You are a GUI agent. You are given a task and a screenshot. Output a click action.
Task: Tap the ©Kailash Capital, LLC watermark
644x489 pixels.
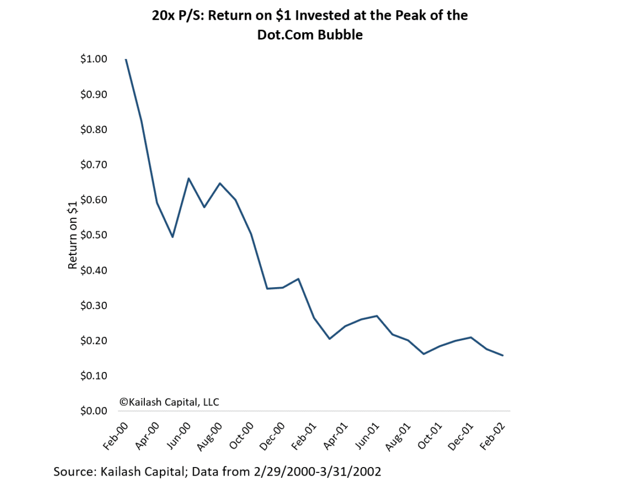pyautogui.click(x=169, y=402)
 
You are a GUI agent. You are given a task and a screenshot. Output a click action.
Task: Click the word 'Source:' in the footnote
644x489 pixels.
pyautogui.click(x=75, y=472)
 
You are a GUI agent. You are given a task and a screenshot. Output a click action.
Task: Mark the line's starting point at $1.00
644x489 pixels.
pyautogui.click(x=126, y=59)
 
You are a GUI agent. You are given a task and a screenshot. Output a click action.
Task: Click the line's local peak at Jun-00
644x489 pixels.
pyautogui.click(x=188, y=178)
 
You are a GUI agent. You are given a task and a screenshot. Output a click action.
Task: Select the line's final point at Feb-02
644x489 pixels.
pyautogui.click(x=503, y=355)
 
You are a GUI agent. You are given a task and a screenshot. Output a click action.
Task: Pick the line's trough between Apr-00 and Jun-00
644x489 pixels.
pyautogui.click(x=173, y=237)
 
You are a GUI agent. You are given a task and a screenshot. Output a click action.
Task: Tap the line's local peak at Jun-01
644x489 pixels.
pyautogui.click(x=377, y=316)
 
